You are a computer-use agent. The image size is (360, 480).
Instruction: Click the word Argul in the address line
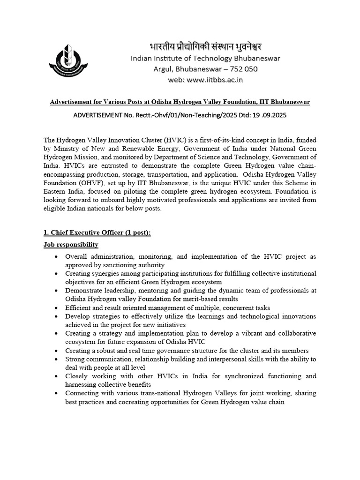click(x=165, y=69)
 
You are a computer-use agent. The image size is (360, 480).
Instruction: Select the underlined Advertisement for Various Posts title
click(x=180, y=102)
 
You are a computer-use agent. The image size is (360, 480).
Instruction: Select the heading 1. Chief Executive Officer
click(x=97, y=233)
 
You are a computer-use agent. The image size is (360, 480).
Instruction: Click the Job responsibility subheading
click(x=71, y=245)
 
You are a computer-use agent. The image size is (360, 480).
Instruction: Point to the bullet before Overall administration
click(x=56, y=257)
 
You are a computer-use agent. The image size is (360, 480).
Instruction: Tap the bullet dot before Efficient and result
click(x=56, y=308)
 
